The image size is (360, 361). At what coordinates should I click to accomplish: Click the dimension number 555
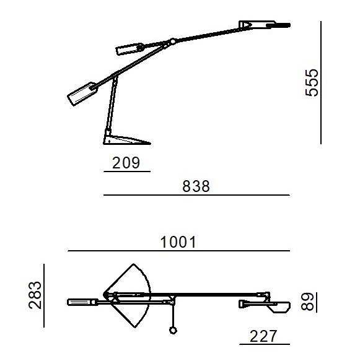312,82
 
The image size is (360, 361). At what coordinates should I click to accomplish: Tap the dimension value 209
126,163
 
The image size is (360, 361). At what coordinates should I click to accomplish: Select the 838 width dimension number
196,186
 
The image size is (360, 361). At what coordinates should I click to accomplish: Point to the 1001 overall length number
178,242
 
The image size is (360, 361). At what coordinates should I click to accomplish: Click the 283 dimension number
35,295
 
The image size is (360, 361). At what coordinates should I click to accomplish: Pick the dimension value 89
307,302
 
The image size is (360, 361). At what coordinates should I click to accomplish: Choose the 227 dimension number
263,336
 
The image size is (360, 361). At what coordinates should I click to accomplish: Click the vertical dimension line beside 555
321,82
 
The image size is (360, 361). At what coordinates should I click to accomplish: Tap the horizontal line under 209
127,172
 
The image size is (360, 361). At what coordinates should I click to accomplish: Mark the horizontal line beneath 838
196,195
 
